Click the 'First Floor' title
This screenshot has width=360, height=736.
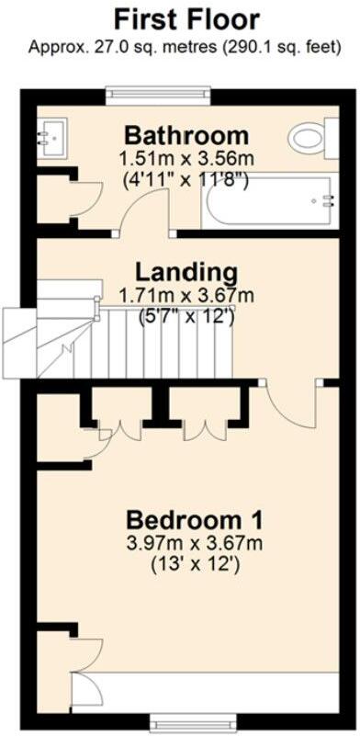click(x=186, y=18)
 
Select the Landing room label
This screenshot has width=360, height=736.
click(x=186, y=272)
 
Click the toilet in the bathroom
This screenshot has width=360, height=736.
click(x=309, y=139)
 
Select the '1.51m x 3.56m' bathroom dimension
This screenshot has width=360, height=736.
click(x=186, y=159)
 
